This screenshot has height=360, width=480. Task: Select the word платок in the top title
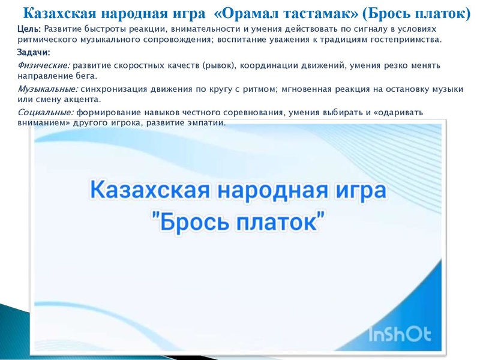point(440,13)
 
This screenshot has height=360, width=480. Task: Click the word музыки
point(448,89)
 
